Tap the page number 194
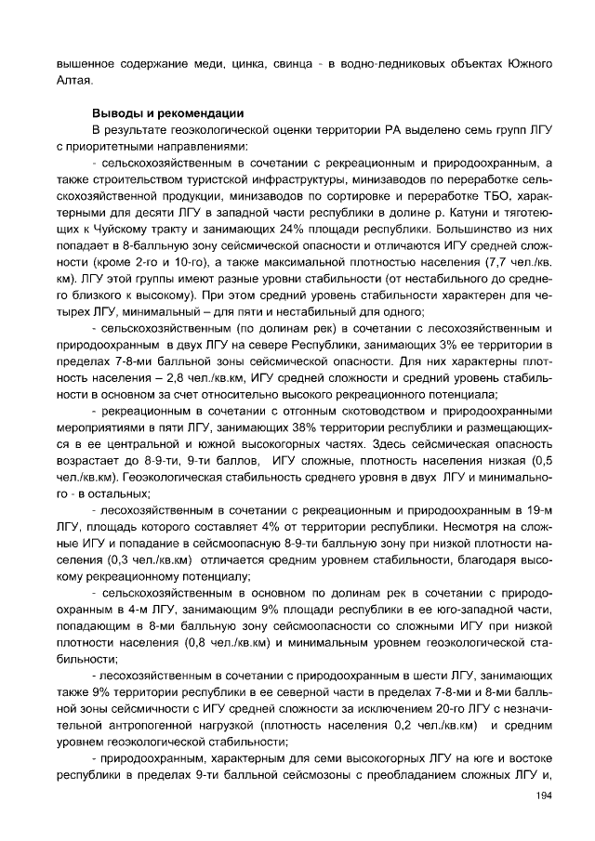(546, 795)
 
